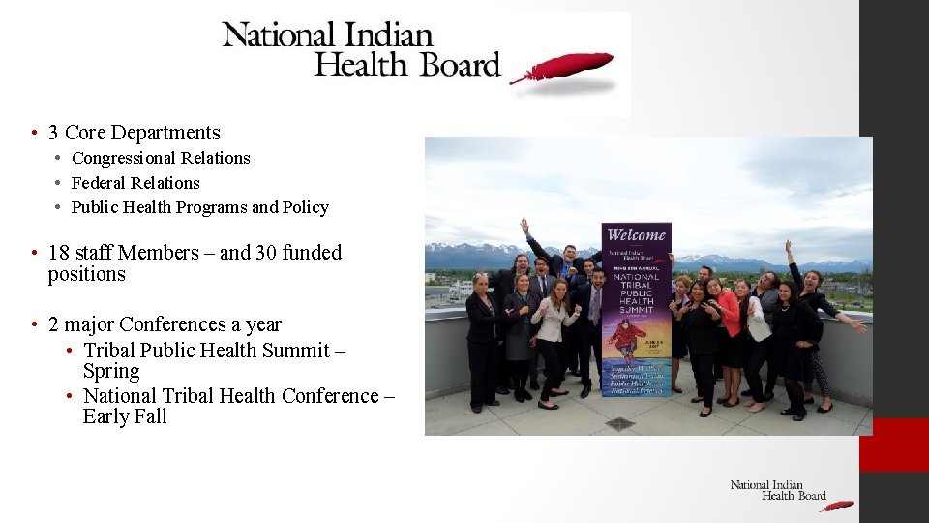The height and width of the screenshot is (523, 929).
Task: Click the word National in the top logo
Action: coord(282,36)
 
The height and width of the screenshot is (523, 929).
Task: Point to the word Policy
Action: coord(306,207)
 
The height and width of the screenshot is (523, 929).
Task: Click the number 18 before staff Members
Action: coord(58,253)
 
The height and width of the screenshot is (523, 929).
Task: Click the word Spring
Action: coord(111,372)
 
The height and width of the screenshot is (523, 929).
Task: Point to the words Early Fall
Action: coord(125,417)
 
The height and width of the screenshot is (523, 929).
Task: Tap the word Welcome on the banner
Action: coord(635,234)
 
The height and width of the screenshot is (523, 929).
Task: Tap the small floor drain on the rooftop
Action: coord(619,423)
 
